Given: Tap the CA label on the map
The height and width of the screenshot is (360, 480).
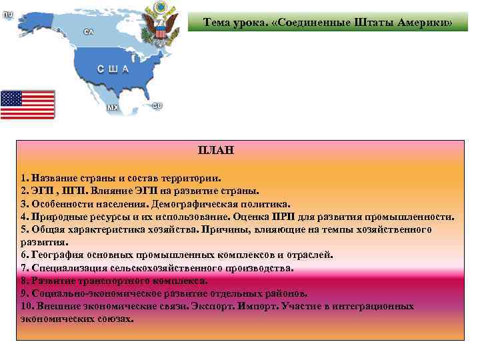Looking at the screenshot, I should tap(88, 32).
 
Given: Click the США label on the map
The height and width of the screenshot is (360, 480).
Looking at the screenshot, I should tap(113, 69).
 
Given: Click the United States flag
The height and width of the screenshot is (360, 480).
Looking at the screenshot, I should tap(28, 104).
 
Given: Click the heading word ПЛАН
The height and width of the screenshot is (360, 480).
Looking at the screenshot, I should tap(215, 151).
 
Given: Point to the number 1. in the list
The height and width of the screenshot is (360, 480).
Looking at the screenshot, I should tap(24, 179).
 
